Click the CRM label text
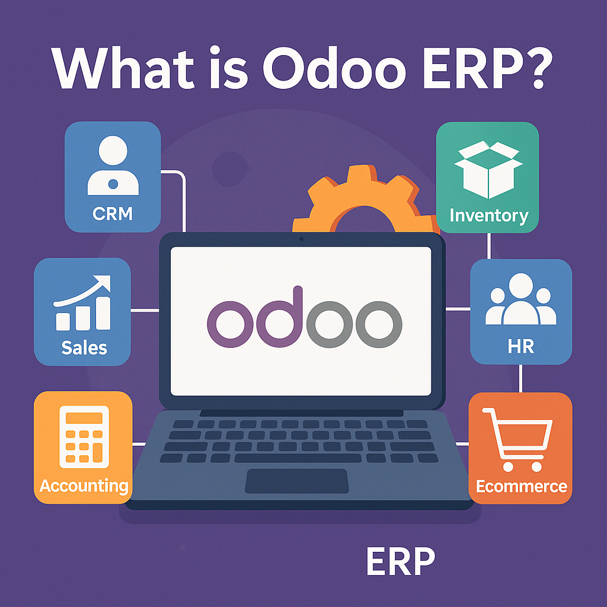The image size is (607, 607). [x=113, y=213]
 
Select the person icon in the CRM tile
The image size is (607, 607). [x=113, y=165]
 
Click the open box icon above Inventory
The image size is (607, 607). [x=488, y=169]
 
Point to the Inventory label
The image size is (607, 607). [x=489, y=216]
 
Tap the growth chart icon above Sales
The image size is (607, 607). [x=82, y=303]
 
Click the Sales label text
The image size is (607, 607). [x=84, y=348]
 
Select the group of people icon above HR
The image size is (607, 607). [x=520, y=299]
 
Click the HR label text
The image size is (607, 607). [x=520, y=346]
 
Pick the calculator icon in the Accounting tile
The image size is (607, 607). [x=84, y=437]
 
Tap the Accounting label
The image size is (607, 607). [x=84, y=486]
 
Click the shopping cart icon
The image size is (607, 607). [x=517, y=440]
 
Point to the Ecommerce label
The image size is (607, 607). [x=521, y=486]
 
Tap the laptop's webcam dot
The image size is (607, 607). [x=302, y=239]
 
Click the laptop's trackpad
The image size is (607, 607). [x=297, y=481]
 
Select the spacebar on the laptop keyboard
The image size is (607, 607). [x=298, y=458]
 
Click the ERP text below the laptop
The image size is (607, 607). [x=401, y=561]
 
